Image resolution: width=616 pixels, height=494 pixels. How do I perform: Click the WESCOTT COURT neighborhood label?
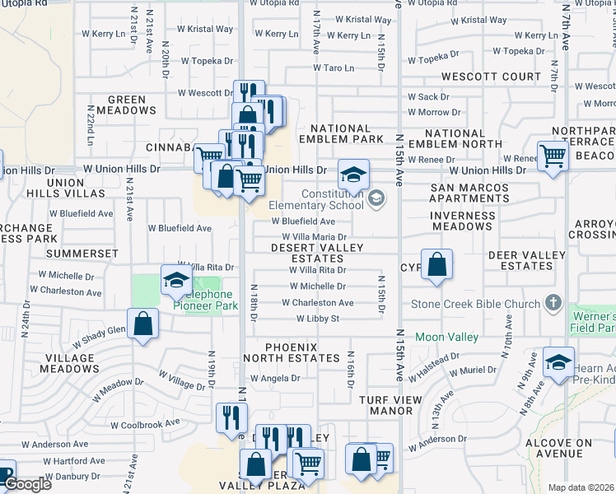click(489, 77)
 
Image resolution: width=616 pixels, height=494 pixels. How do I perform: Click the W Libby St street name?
click(318, 319)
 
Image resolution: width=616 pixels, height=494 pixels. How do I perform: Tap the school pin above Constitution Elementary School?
click(353, 175)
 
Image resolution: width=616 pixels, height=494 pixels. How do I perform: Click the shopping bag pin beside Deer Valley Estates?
click(437, 265)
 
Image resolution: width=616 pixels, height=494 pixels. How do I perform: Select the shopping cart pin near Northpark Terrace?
click(553, 156)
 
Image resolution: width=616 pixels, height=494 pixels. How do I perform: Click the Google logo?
click(27, 485)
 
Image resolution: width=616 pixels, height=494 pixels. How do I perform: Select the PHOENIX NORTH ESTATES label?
click(291, 352)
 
